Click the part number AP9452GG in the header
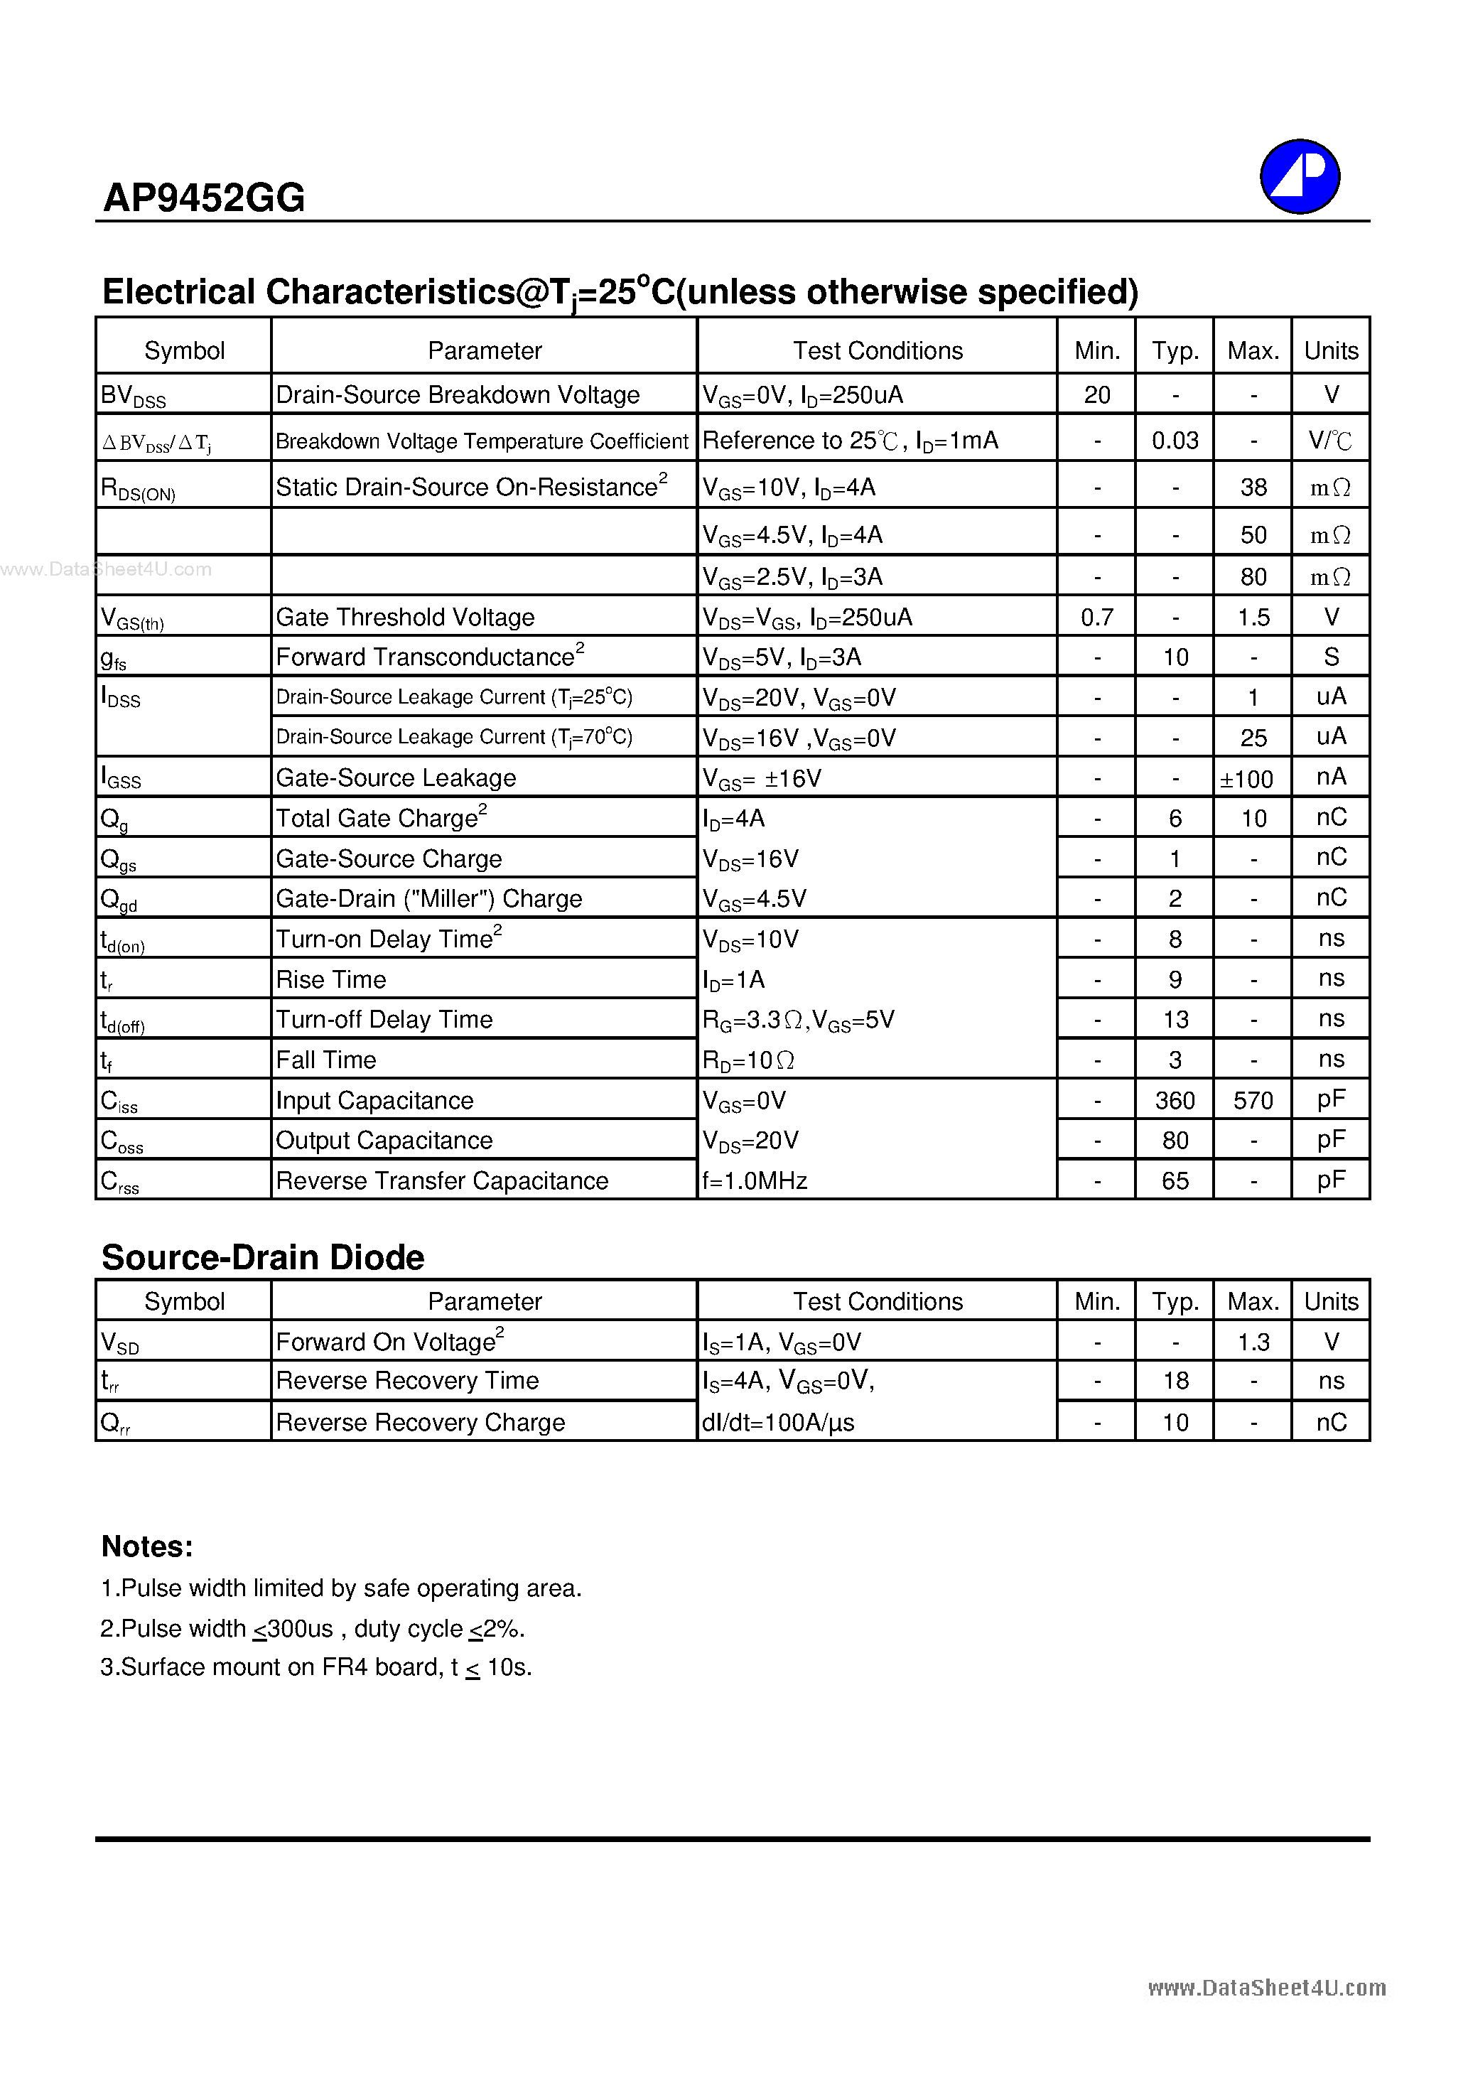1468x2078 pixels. point(204,198)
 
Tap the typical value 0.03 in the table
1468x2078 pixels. point(1174,441)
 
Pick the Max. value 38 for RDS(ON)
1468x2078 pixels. point(1253,487)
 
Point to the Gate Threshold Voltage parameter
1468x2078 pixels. point(404,618)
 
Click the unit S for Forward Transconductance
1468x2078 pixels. point(1330,657)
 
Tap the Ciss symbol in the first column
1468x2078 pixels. point(119,1102)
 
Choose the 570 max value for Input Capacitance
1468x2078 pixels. point(1253,1101)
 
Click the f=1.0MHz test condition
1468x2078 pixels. point(754,1180)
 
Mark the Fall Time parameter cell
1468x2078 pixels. point(326,1060)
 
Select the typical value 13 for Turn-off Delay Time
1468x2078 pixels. point(1175,1020)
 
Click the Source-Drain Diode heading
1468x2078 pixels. point(262,1257)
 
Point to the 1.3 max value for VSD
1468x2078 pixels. point(1253,1342)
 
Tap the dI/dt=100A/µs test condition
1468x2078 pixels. point(777,1423)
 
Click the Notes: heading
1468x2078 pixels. point(146,1546)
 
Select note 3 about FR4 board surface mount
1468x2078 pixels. point(316,1667)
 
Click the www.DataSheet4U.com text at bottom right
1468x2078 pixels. point(1266,1988)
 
